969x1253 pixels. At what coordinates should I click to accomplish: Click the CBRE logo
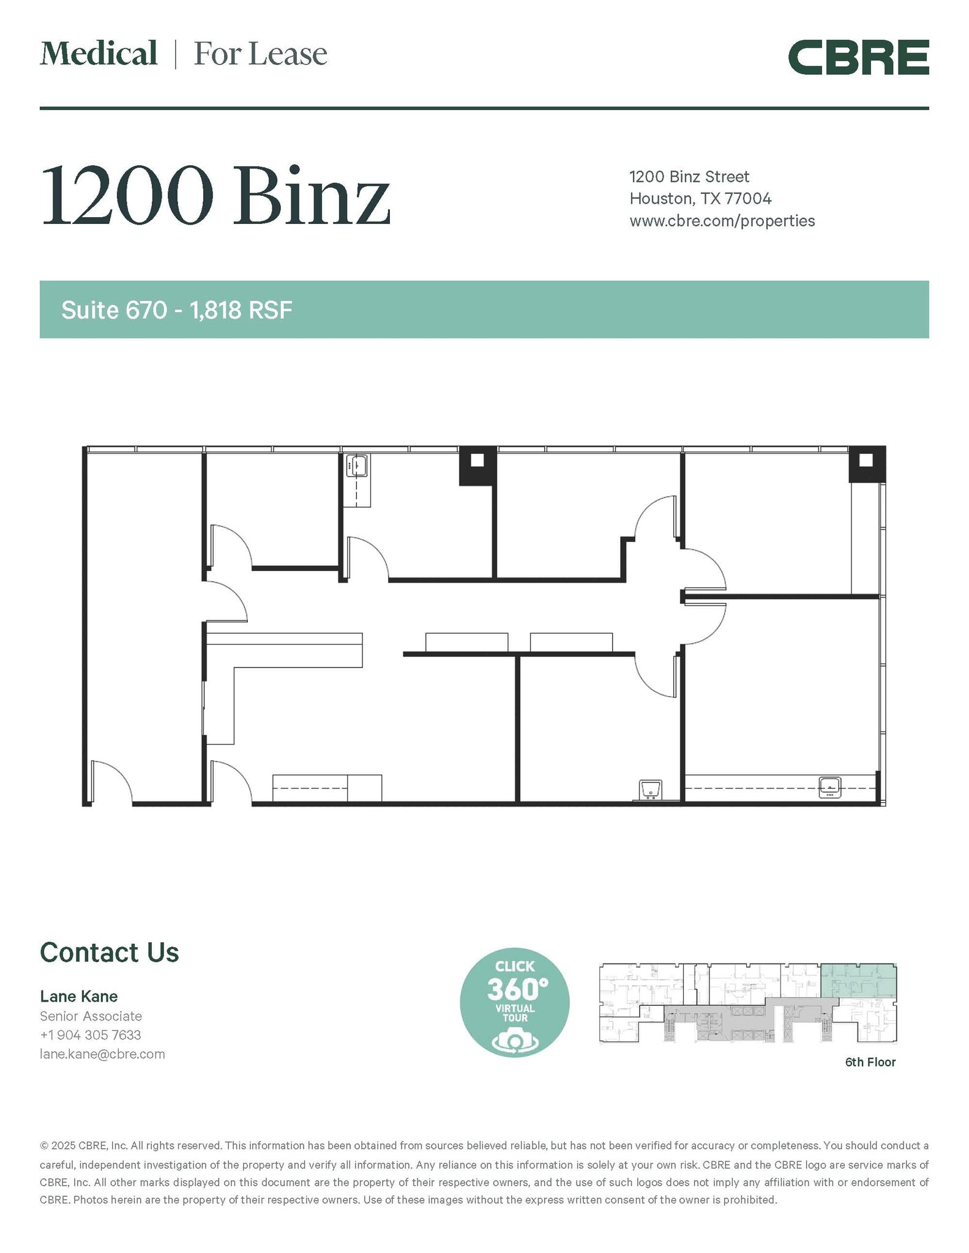(858, 58)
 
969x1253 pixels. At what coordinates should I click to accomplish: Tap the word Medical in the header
(99, 54)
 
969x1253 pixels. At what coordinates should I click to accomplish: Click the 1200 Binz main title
(215, 196)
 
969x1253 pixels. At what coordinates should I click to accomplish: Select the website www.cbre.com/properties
(722, 221)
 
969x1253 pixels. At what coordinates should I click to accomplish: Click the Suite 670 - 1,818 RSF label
(177, 310)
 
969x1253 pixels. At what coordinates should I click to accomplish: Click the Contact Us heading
(109, 953)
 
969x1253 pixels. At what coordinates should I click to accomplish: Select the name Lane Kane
(79, 996)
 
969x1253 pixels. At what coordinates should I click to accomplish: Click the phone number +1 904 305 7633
(91, 1035)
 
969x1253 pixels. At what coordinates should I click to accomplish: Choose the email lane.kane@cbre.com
(102, 1054)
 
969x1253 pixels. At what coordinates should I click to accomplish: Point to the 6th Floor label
(870, 1062)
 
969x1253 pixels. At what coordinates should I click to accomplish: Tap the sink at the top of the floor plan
(356, 466)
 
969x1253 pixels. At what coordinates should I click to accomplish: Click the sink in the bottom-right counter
(829, 787)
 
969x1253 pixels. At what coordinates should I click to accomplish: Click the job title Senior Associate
(91, 1016)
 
